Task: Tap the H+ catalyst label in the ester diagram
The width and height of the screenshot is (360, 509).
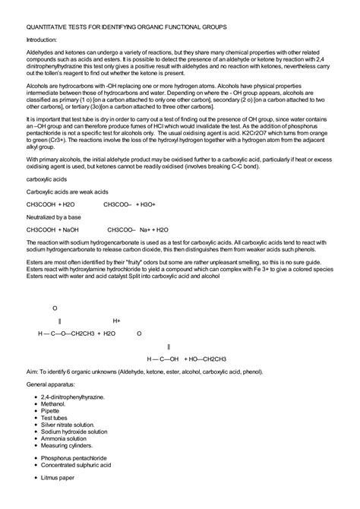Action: point(117,321)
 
